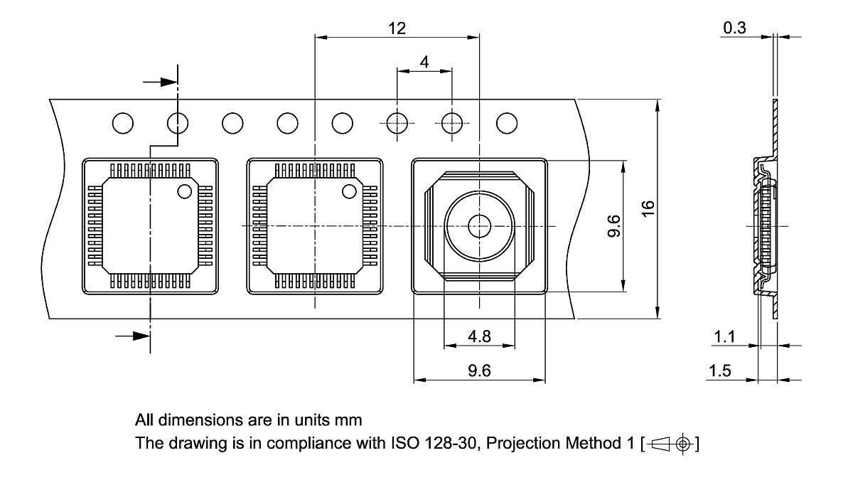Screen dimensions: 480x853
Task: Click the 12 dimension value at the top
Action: (397, 28)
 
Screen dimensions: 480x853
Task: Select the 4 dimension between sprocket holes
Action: (424, 62)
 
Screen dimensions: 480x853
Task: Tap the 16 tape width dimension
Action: (646, 209)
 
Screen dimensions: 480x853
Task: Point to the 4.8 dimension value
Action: (480, 336)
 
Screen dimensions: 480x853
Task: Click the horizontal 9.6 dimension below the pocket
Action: (480, 370)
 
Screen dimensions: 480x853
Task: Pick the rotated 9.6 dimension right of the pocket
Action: (614, 226)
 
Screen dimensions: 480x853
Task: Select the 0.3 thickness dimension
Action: (735, 28)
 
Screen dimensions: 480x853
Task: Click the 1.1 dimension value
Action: (724, 337)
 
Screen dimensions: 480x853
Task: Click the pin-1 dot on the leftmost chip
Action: (184, 191)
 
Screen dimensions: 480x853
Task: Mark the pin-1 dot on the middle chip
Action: (348, 191)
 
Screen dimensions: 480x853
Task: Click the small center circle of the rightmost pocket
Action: (479, 227)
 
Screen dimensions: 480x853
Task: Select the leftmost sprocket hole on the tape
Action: (123, 123)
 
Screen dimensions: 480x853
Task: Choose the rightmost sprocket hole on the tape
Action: (507, 123)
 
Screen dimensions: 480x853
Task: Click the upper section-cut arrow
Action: (161, 82)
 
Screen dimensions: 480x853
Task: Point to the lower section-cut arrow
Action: (133, 336)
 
